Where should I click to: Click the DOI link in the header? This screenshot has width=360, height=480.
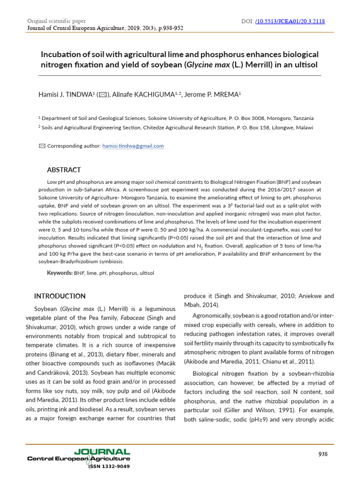290,22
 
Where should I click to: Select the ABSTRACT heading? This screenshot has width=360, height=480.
64,170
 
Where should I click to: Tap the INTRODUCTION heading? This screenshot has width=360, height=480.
60,296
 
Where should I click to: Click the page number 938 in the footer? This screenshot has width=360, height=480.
323,454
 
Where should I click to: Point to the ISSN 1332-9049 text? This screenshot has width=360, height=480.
109,466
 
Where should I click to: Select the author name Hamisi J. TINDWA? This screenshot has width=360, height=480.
66,95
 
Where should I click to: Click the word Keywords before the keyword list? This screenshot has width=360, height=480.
59,273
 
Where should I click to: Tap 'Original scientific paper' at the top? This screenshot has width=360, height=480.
56,21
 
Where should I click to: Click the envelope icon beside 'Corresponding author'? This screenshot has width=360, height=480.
42,146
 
